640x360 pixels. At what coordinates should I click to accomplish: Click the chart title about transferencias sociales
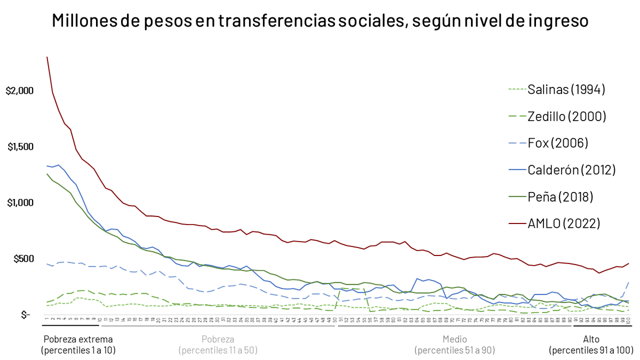320,21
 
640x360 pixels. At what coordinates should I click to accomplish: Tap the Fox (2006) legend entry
557,143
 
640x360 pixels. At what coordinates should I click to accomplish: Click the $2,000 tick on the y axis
20,91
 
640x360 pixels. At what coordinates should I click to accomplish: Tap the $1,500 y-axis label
20,147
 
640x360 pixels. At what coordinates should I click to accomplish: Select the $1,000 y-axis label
20,203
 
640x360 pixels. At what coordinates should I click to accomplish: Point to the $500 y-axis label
22,259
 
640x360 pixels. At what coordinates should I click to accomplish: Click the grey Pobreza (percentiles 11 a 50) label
218,345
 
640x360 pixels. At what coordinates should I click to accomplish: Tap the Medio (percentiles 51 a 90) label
454,345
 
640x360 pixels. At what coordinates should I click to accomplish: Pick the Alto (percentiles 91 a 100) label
591,345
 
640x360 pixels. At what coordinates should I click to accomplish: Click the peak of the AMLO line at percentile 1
47,57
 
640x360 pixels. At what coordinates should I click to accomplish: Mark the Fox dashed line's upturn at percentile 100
629,282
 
